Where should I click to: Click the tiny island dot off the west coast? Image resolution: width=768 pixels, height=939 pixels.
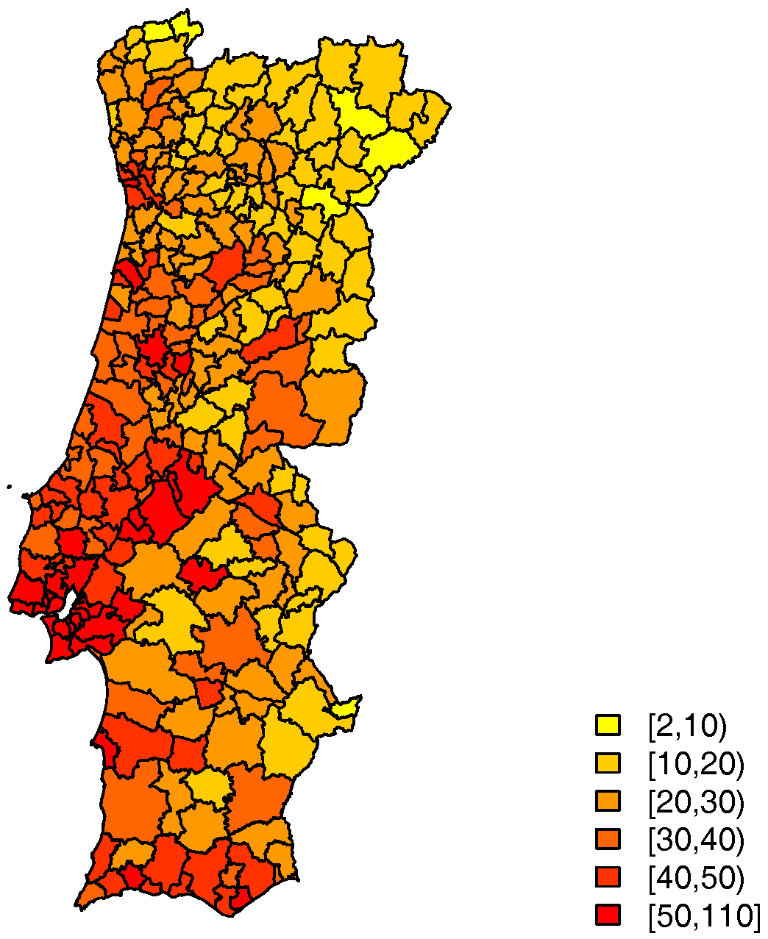9,486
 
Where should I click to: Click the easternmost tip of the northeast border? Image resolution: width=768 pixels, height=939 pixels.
449,108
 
